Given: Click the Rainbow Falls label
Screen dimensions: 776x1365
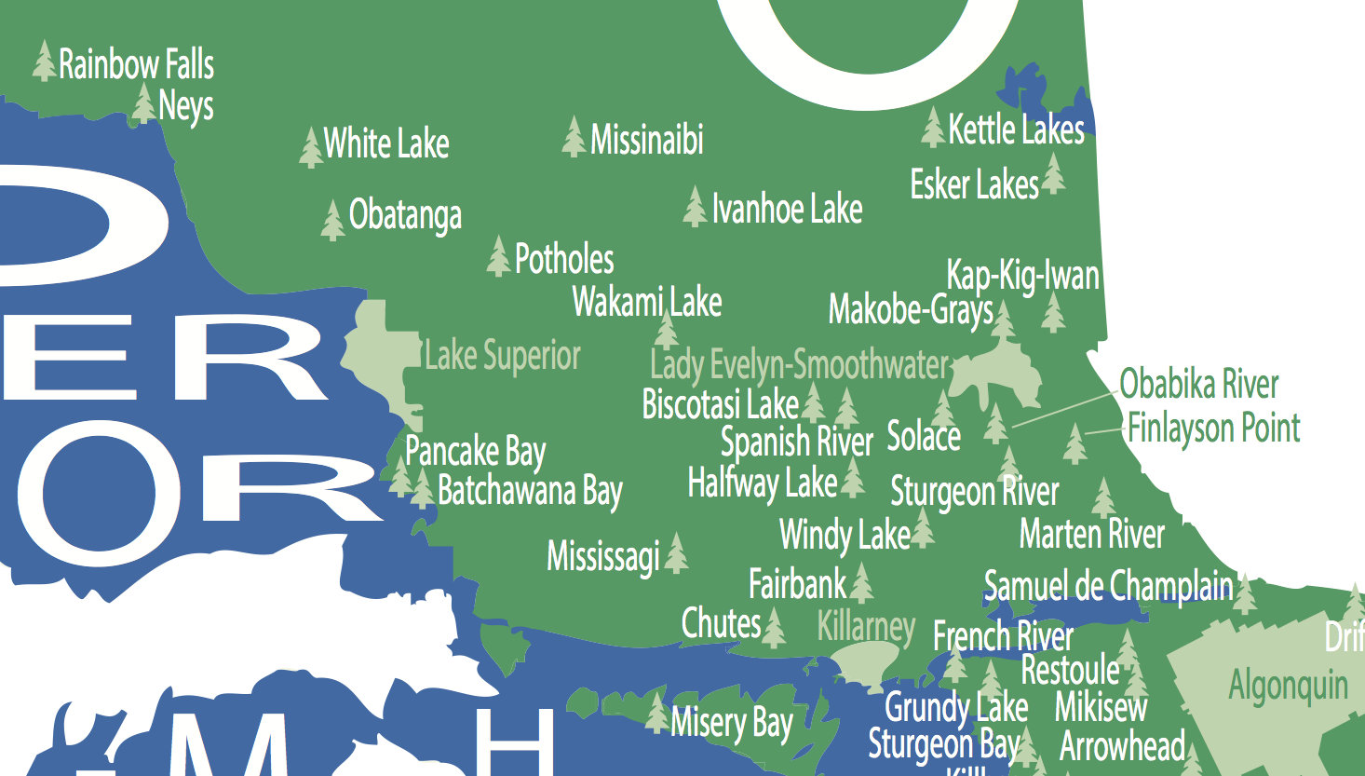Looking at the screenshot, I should pyautogui.click(x=136, y=64).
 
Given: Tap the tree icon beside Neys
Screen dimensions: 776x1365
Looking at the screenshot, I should pyautogui.click(x=143, y=103).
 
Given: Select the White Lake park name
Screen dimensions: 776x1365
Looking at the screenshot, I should pyautogui.click(x=386, y=143).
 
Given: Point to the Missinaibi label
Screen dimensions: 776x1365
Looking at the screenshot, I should pyautogui.click(x=647, y=140).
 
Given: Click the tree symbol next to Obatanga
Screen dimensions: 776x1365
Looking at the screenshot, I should pyautogui.click(x=332, y=220).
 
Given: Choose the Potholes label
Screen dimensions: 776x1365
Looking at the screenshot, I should pyautogui.click(x=564, y=259).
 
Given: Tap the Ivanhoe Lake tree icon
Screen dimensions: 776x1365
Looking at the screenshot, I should pyautogui.click(x=695, y=207).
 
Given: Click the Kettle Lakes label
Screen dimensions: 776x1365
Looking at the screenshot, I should pyautogui.click(x=1016, y=129).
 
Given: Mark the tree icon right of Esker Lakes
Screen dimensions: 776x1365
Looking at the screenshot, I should pyautogui.click(x=1054, y=173).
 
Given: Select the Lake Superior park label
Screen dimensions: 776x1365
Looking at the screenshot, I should pyautogui.click(x=502, y=356).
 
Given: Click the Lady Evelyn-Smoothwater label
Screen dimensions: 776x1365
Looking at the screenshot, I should pyautogui.click(x=799, y=364).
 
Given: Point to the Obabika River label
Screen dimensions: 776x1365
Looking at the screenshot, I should pyautogui.click(x=1199, y=384).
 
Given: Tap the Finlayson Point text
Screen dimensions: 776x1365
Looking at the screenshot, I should pyautogui.click(x=1213, y=429).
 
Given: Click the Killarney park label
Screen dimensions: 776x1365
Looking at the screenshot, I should pyautogui.click(x=866, y=626).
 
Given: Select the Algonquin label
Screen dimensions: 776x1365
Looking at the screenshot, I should pyautogui.click(x=1288, y=686).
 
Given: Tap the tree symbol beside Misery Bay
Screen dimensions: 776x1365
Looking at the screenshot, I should pyautogui.click(x=657, y=713).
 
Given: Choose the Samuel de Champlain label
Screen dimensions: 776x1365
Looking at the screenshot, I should pyautogui.click(x=1108, y=586).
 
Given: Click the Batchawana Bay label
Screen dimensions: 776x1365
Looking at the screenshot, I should pyautogui.click(x=530, y=490).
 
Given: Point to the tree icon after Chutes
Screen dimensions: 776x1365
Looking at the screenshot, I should pyautogui.click(x=774, y=628).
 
